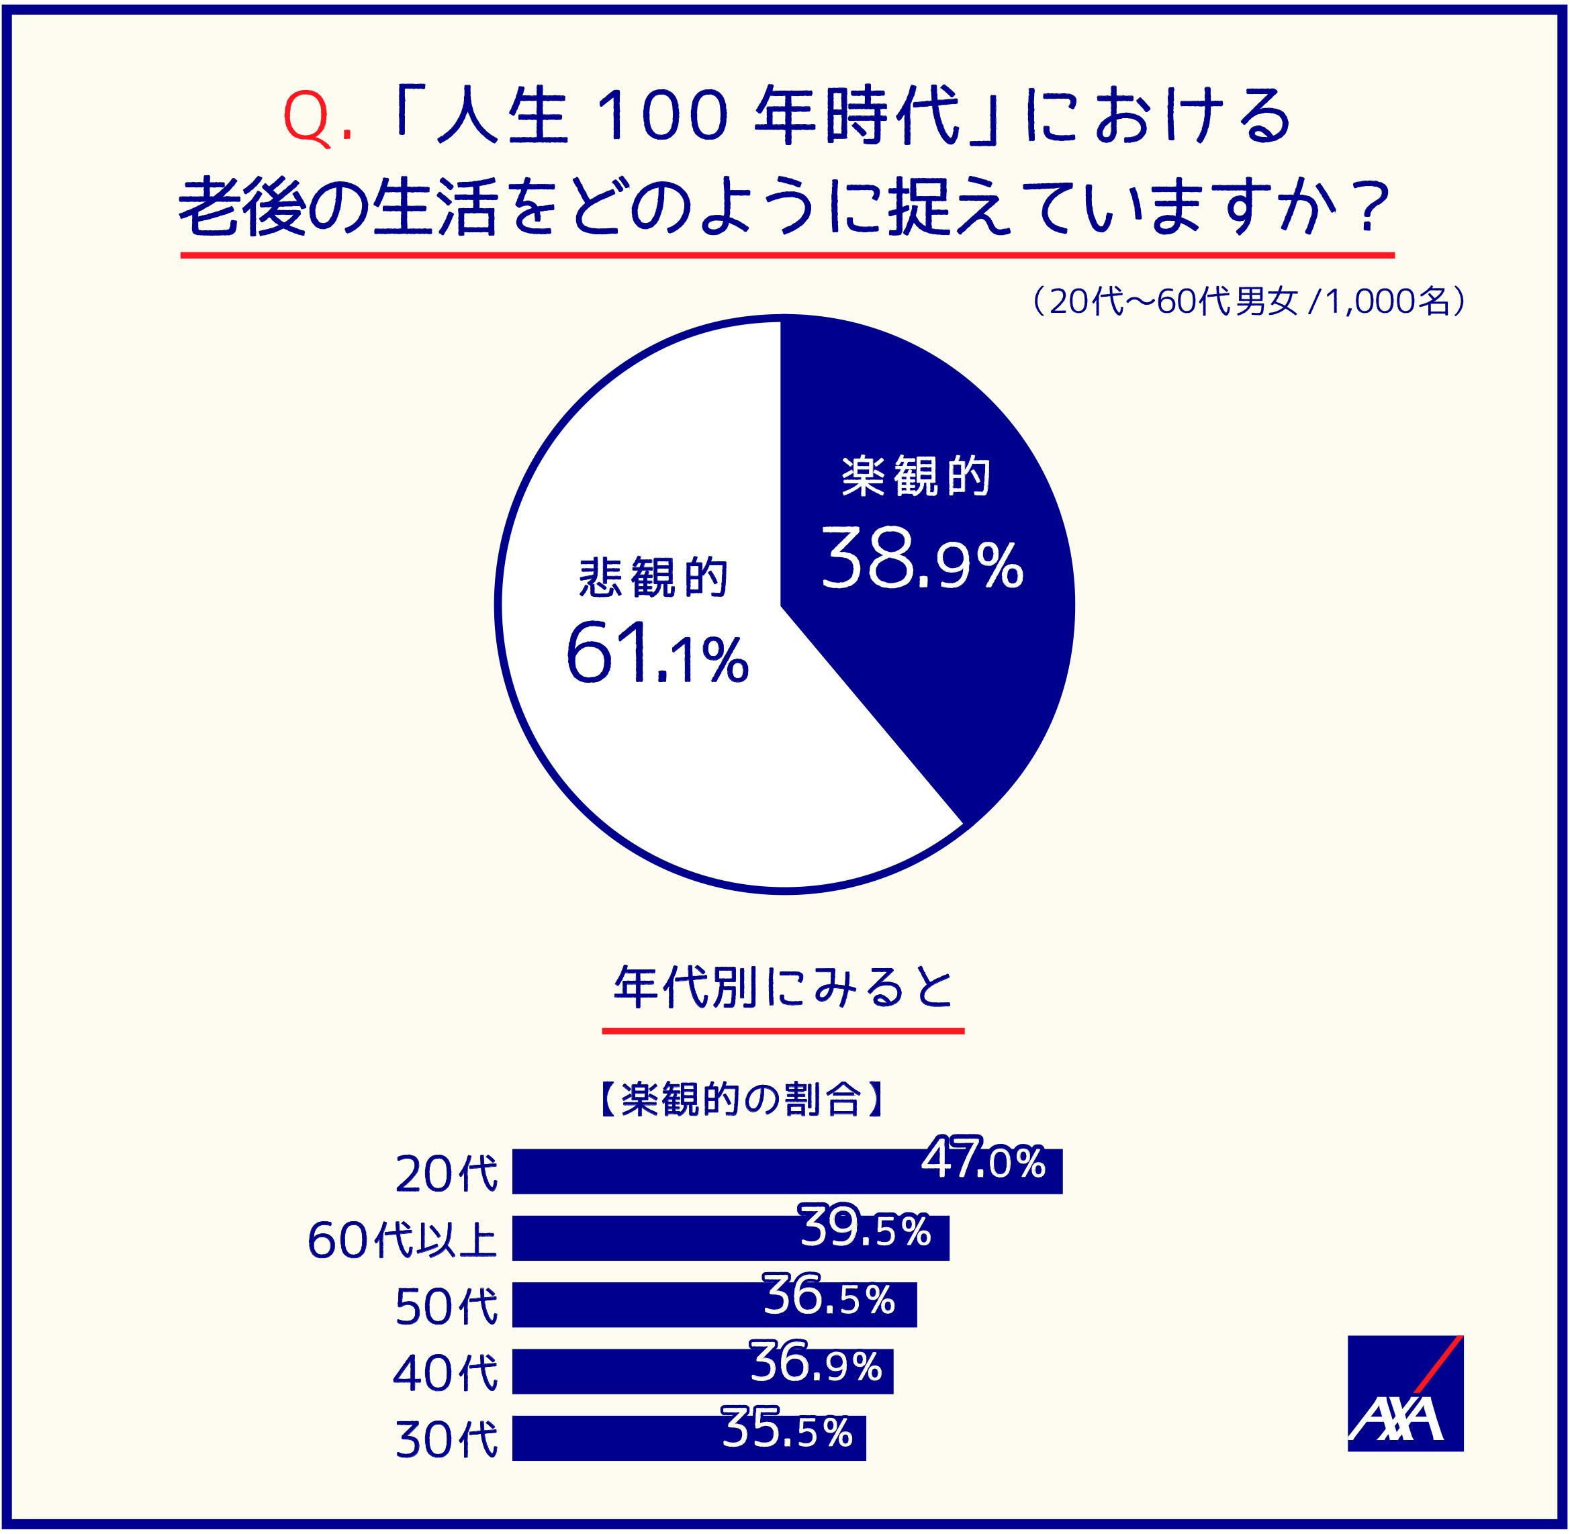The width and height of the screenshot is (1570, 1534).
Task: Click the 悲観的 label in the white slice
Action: pos(653,577)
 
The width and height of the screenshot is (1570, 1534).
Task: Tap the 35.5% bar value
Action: pos(786,1429)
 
